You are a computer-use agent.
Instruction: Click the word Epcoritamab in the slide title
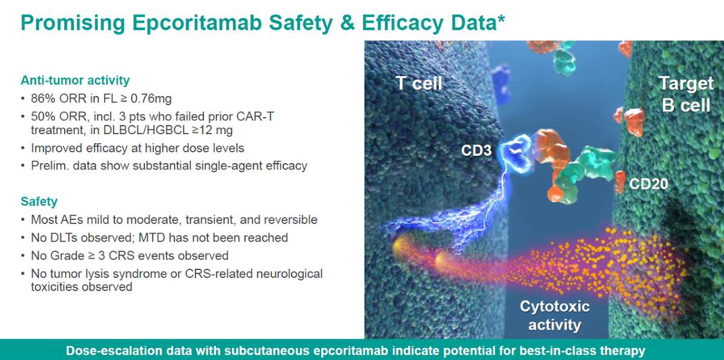pyautogui.click(x=194, y=22)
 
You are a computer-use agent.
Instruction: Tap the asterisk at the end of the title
pyautogui.click(x=501, y=19)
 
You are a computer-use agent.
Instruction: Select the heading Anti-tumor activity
pyautogui.click(x=75, y=80)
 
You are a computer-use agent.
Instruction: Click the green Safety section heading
pyautogui.click(x=39, y=202)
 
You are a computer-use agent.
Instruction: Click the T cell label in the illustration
pyautogui.click(x=419, y=83)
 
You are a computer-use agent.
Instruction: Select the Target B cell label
pyautogui.click(x=686, y=94)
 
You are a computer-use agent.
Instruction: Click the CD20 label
pyautogui.click(x=649, y=184)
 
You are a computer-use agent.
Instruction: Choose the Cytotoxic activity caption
pyautogui.click(x=554, y=315)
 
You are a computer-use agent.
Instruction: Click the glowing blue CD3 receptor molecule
pyautogui.click(x=513, y=149)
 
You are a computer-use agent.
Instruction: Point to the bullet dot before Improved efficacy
pyautogui.click(x=24, y=148)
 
